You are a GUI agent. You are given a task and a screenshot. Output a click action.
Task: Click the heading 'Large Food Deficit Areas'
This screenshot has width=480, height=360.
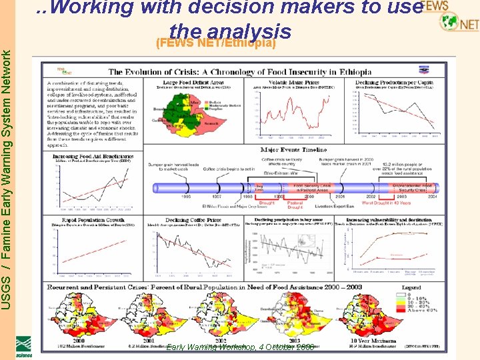tap(190, 82)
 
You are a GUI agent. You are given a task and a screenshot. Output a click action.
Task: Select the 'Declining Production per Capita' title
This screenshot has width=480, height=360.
tap(397, 82)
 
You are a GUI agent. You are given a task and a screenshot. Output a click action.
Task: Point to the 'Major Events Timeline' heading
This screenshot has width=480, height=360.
tap(293, 150)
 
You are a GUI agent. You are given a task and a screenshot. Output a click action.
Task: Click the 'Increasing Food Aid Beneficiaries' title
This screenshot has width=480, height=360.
tap(84, 156)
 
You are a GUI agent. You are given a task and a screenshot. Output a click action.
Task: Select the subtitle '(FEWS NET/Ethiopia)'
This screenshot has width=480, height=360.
tap(215, 43)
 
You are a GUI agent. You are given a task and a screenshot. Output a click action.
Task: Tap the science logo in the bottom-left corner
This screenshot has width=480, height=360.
tap(24, 346)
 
